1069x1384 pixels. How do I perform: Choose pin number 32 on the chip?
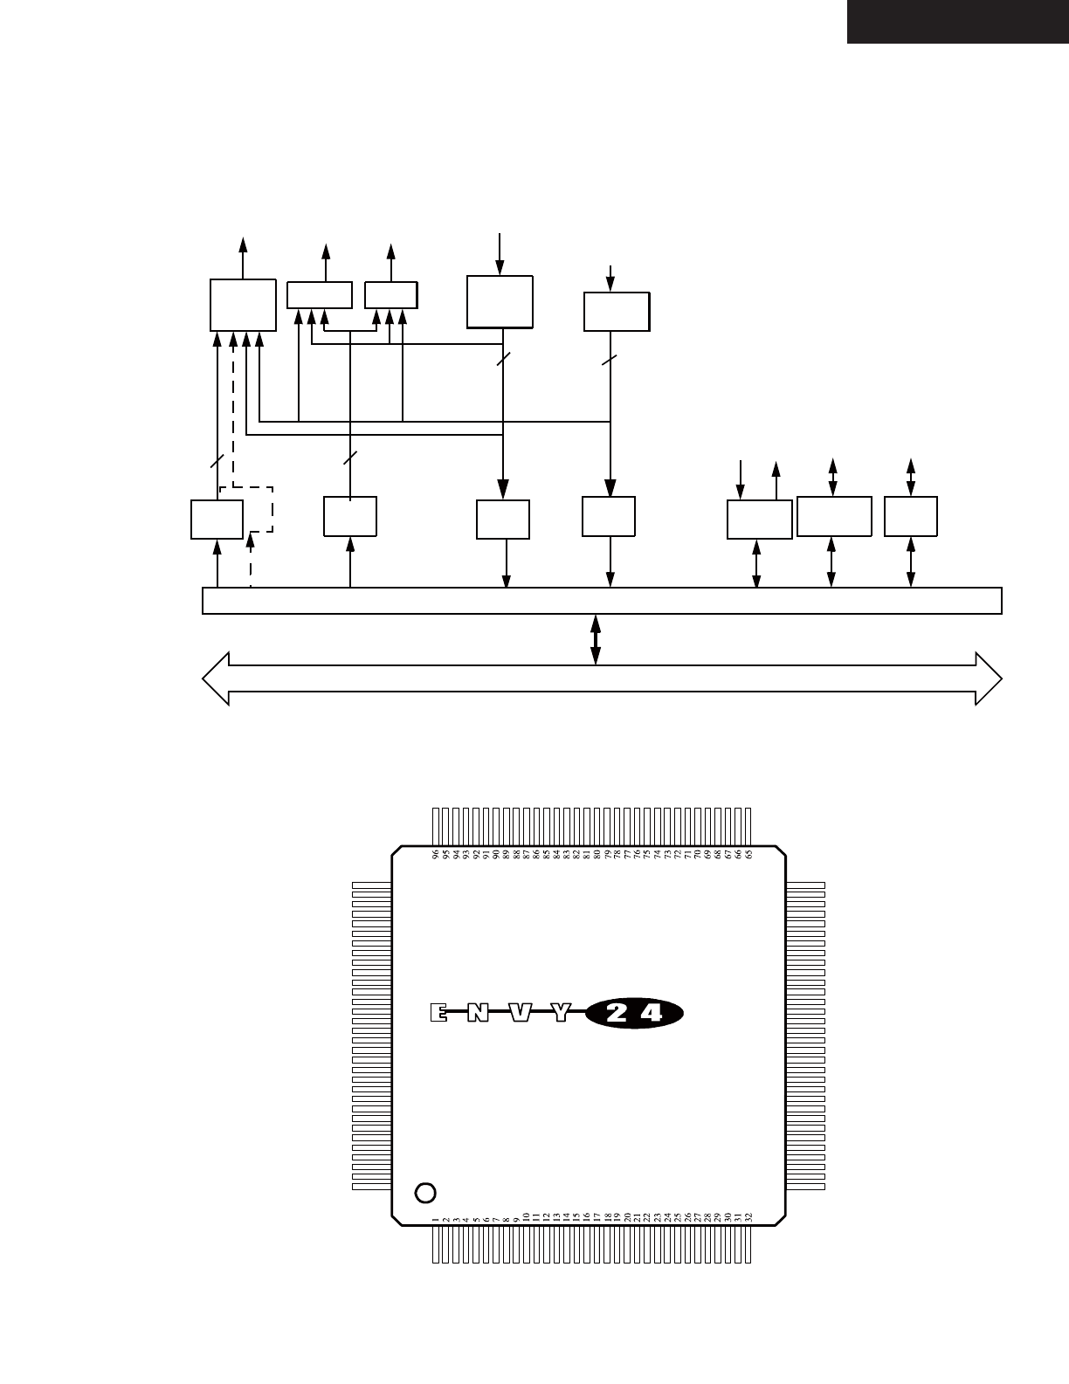pos(749,1216)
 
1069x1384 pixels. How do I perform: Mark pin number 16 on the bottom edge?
pos(587,1216)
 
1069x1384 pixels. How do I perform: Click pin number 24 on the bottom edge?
pos(668,1216)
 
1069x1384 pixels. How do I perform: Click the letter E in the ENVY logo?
pos(438,1013)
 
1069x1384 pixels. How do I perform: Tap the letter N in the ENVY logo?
pos(478,1013)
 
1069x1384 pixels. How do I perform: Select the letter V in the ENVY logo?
pos(520,1013)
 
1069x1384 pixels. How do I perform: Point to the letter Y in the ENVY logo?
pos(561,1013)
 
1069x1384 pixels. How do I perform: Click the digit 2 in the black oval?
pos(617,1013)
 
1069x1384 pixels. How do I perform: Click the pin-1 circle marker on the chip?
pos(425,1192)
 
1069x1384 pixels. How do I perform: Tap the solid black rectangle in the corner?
pos(957,21)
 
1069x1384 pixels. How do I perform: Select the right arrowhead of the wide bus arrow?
pos(989,678)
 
